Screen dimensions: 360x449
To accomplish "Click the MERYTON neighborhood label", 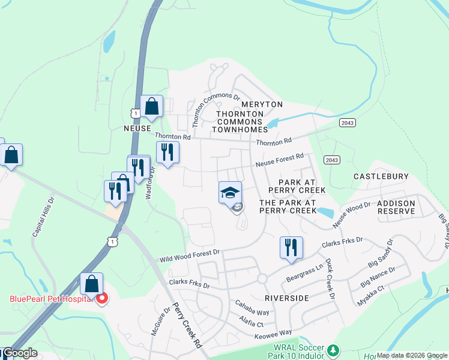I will (x=262, y=104).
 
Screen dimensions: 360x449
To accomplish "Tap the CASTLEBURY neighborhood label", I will (x=381, y=176).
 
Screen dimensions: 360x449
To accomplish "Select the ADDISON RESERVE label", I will (x=396, y=208).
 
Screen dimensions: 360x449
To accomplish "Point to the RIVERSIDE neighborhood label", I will (x=286, y=298).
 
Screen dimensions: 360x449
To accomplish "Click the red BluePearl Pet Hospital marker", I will (x=102, y=298).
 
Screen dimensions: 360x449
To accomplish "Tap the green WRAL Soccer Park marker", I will (x=335, y=349).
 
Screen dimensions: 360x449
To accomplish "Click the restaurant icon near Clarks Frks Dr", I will (x=291, y=247).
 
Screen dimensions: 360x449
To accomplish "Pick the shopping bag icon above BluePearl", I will (x=92, y=283).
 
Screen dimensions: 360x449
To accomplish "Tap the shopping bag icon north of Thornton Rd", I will (x=151, y=106).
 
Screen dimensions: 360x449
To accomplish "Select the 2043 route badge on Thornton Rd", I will (x=347, y=122).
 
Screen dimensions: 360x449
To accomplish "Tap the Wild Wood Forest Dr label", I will (x=189, y=256).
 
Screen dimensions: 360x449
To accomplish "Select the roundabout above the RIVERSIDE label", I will (x=262, y=279).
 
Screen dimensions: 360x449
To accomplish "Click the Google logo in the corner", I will (x=19, y=353).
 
